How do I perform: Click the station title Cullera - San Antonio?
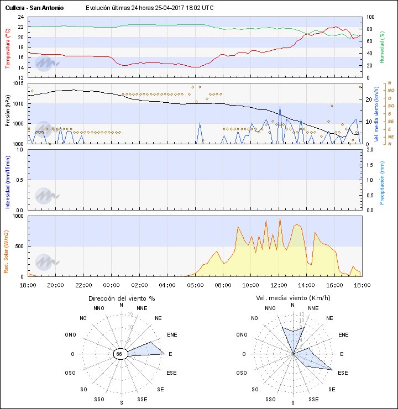(x=34, y=8)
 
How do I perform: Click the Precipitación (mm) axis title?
(x=382, y=180)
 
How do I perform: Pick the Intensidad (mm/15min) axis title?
(x=8, y=180)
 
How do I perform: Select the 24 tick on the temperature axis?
(x=20, y=17)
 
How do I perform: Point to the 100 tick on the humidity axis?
(x=370, y=17)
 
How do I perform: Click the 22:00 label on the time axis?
(x=83, y=285)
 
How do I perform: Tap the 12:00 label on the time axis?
(x=278, y=285)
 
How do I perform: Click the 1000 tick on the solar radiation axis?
(x=18, y=216)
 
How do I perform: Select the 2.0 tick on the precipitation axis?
(x=370, y=150)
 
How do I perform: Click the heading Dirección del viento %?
(x=122, y=298)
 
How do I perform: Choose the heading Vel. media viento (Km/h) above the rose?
(x=293, y=298)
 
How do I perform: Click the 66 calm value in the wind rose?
(x=119, y=354)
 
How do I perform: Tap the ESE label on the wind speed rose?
(x=343, y=373)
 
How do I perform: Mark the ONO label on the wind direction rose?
(x=70, y=334)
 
